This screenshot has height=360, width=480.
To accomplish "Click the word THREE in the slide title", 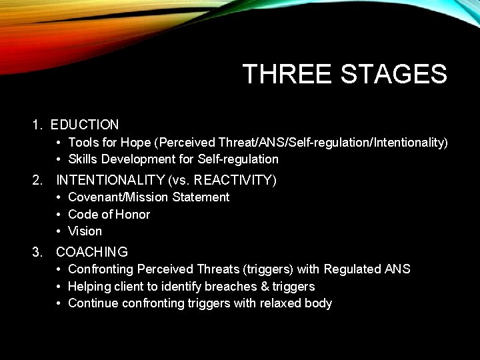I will click(288, 74).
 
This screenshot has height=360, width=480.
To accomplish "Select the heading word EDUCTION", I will click(85, 125).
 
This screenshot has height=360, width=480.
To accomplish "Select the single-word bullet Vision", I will click(85, 231).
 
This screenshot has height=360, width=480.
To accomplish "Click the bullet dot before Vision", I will click(59, 231).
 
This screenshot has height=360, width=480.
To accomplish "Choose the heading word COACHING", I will click(92, 252).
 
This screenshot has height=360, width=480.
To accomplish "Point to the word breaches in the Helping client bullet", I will click(233, 287).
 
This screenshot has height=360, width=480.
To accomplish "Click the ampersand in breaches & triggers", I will click(265, 287).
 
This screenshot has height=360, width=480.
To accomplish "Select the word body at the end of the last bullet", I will click(319, 303).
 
